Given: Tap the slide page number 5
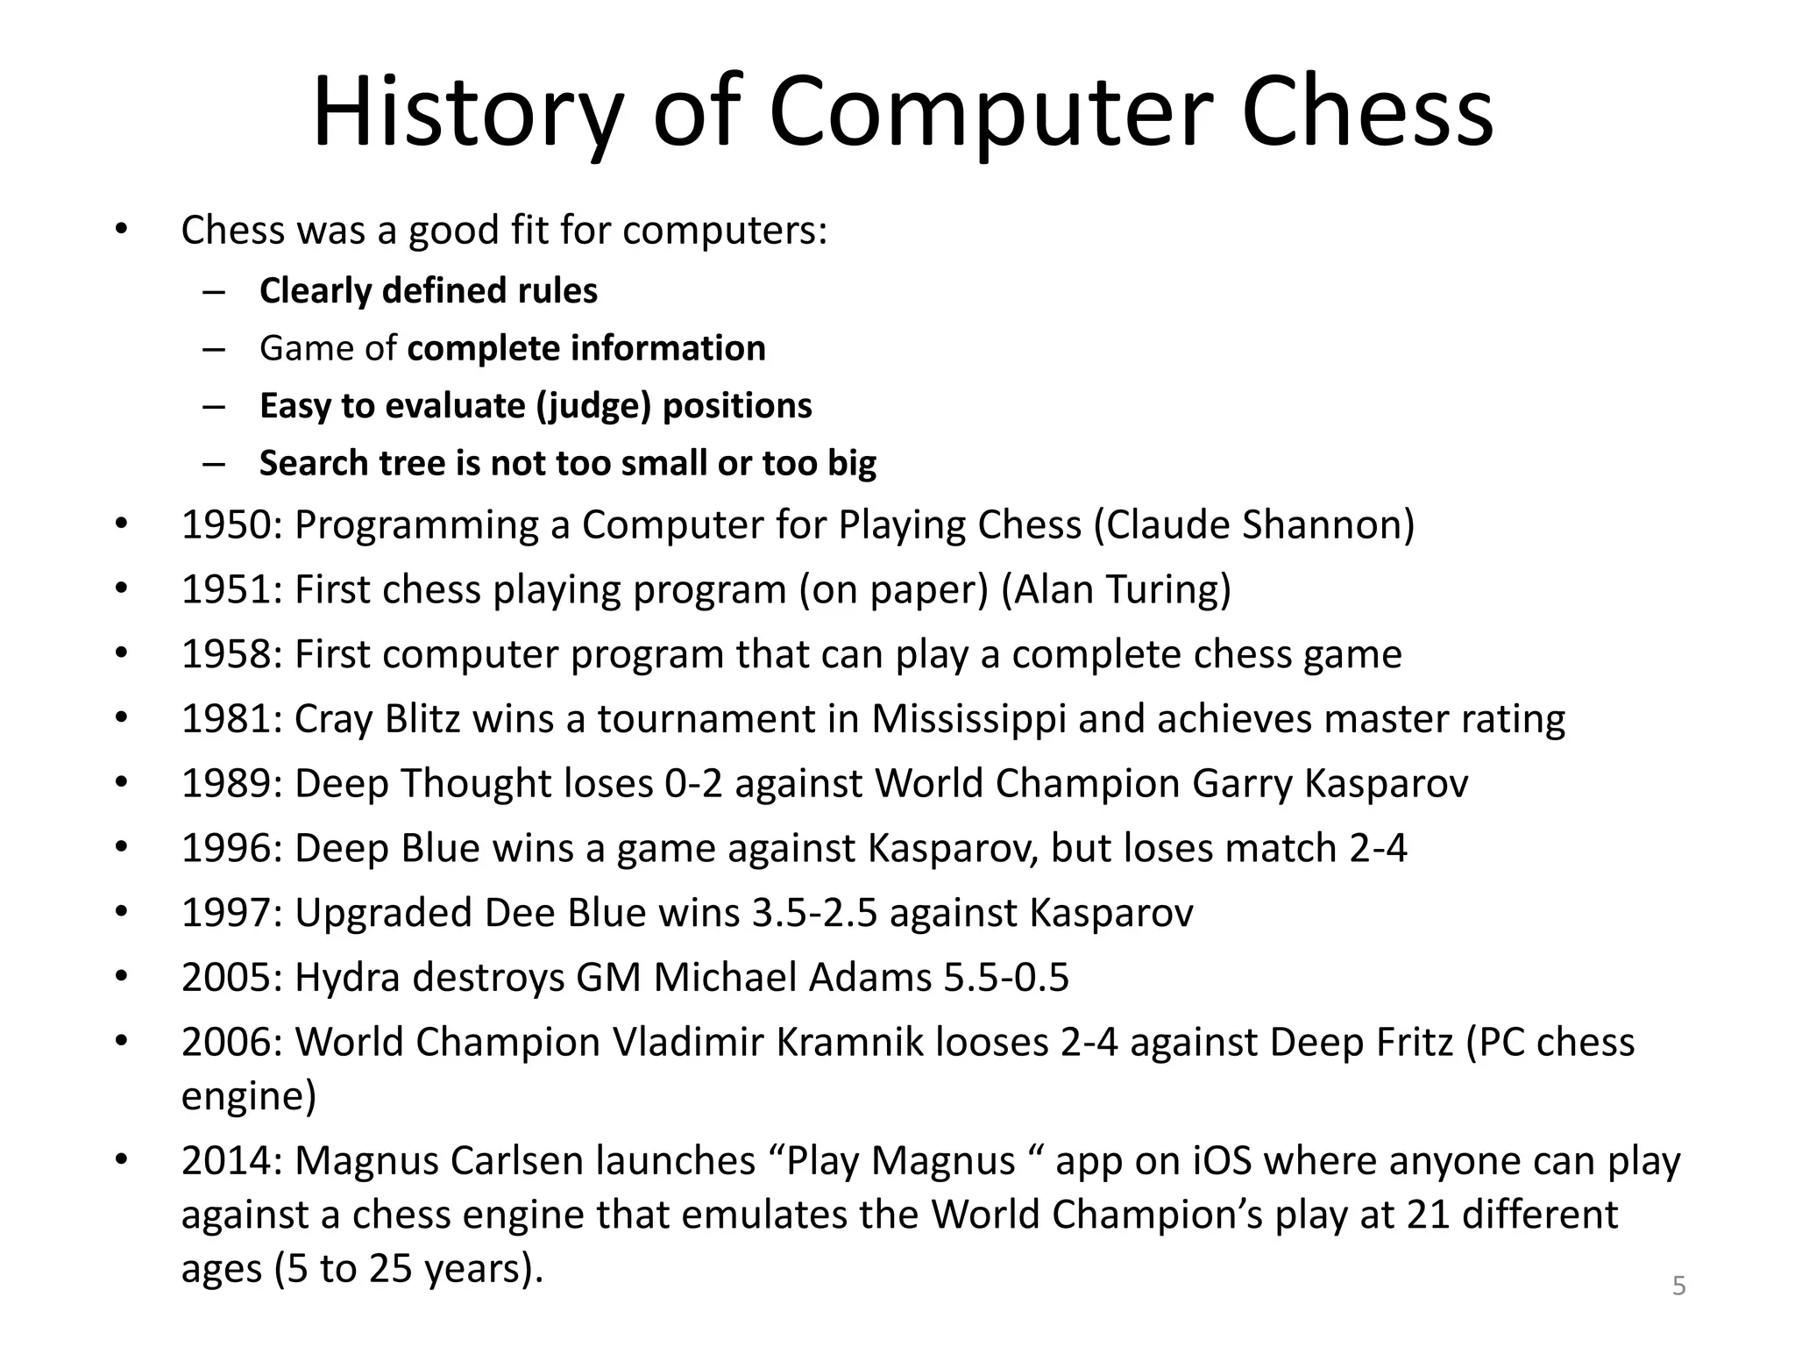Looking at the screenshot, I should pos(1678,1286).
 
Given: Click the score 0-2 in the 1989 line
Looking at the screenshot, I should pos(693,784).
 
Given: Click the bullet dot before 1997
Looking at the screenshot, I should pos(121,913).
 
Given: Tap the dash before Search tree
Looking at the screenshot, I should pos(214,464).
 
